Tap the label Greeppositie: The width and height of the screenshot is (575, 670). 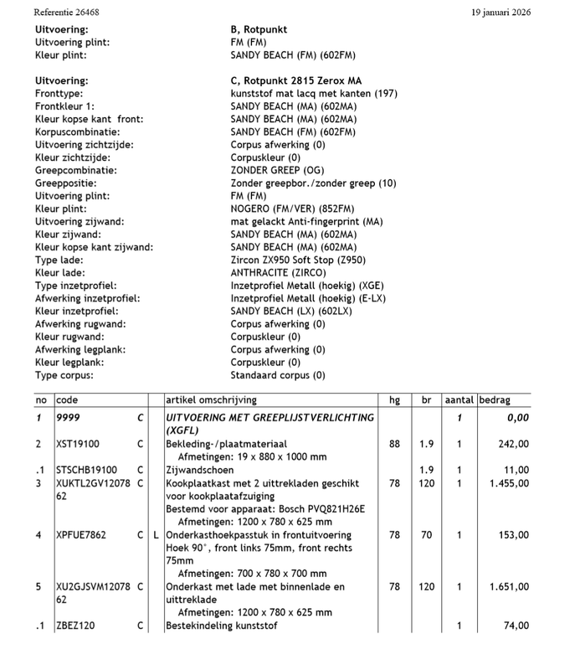click(69, 183)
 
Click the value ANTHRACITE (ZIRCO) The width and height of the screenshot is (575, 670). click(278, 273)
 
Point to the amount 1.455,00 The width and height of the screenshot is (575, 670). click(508, 483)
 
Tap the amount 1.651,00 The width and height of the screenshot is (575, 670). click(508, 587)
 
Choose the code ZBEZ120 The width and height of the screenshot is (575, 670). click(77, 626)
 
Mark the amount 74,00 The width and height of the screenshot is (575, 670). click(516, 626)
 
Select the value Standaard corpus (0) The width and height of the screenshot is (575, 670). click(278, 375)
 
